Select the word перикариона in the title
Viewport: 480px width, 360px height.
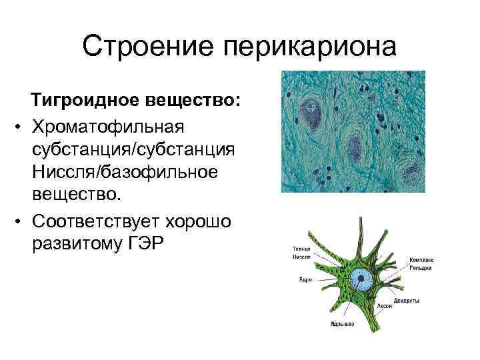point(309,47)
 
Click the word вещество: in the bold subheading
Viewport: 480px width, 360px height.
point(198,100)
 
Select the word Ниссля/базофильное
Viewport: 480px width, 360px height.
point(124,172)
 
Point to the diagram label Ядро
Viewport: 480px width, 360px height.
point(296,279)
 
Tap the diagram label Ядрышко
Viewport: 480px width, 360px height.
point(341,324)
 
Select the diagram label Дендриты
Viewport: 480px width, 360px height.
point(405,301)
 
